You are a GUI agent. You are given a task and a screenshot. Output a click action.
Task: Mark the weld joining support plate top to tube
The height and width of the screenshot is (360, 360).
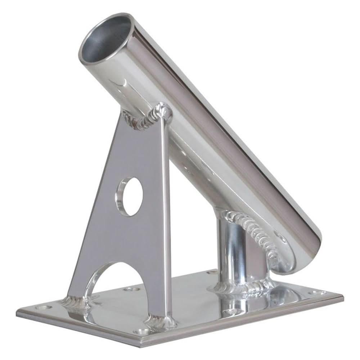(148, 117)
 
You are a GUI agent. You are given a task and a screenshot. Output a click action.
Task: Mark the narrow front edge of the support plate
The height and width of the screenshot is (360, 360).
(165, 216)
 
